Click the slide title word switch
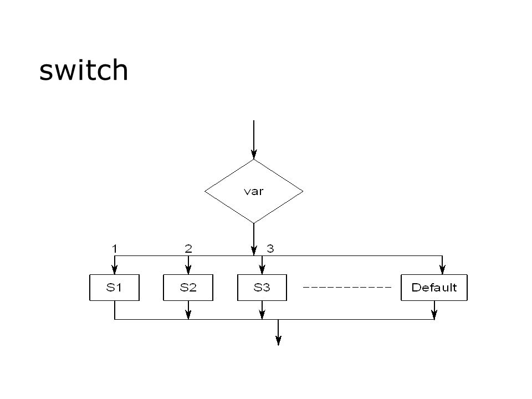point(84,70)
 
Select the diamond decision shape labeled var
point(254,191)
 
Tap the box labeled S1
point(114,288)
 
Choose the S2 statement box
point(188,288)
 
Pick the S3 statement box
point(262,288)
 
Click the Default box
point(434,288)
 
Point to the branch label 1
point(115,249)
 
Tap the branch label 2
point(188,249)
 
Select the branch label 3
point(270,249)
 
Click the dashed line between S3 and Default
point(347,288)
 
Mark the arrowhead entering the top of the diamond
point(254,154)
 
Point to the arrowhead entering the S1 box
point(115,269)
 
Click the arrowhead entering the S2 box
point(188,269)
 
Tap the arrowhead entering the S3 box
point(262,269)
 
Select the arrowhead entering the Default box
point(442,269)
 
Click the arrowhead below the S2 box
point(188,314)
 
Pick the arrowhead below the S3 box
point(262,314)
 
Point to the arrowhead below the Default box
point(434,314)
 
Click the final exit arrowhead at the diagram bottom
point(278,340)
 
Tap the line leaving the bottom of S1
point(115,310)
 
